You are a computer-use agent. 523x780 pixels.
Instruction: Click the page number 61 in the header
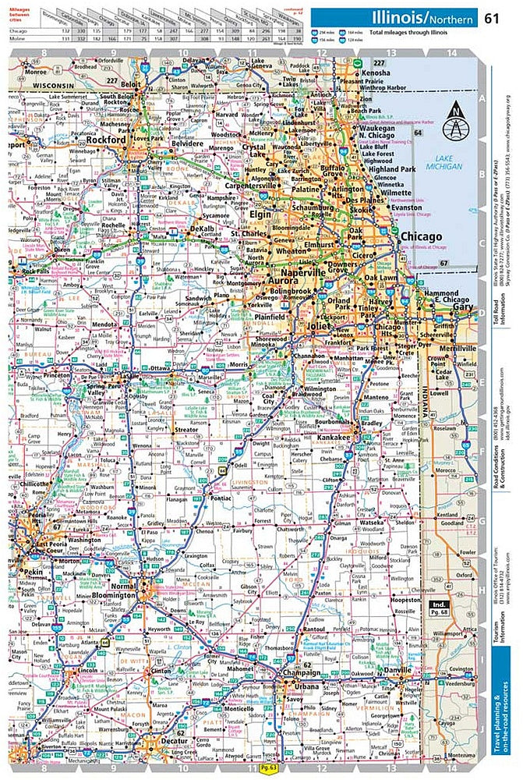(493, 18)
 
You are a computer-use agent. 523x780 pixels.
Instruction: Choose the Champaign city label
(302, 672)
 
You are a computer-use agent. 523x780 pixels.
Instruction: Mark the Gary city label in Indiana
(465, 307)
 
